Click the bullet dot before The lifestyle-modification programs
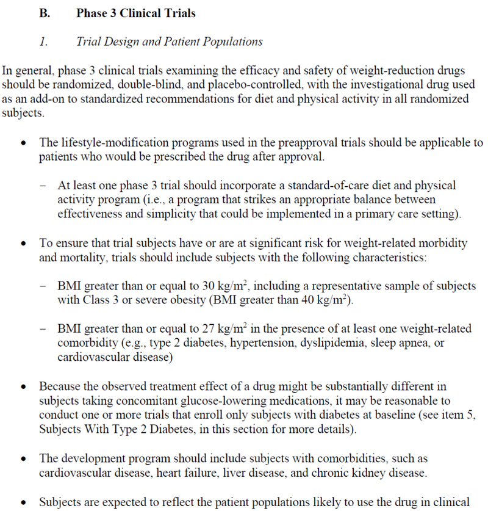[x=23, y=143]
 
